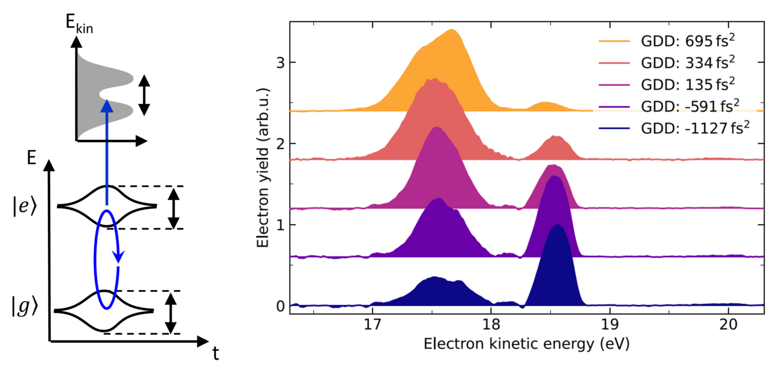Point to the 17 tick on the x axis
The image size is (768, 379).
point(373,324)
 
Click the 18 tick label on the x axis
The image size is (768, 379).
point(491,324)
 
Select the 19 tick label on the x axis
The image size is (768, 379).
point(610,324)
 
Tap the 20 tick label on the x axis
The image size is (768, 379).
point(728,324)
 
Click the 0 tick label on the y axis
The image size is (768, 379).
point(280,306)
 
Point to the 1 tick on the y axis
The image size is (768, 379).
point(280,225)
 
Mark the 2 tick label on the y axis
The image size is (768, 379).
point(280,144)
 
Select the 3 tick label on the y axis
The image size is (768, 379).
point(280,62)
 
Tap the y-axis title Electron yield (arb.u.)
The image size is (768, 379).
point(262,167)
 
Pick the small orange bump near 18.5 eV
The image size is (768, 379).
point(545,105)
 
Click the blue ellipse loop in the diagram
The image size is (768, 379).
point(107,259)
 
